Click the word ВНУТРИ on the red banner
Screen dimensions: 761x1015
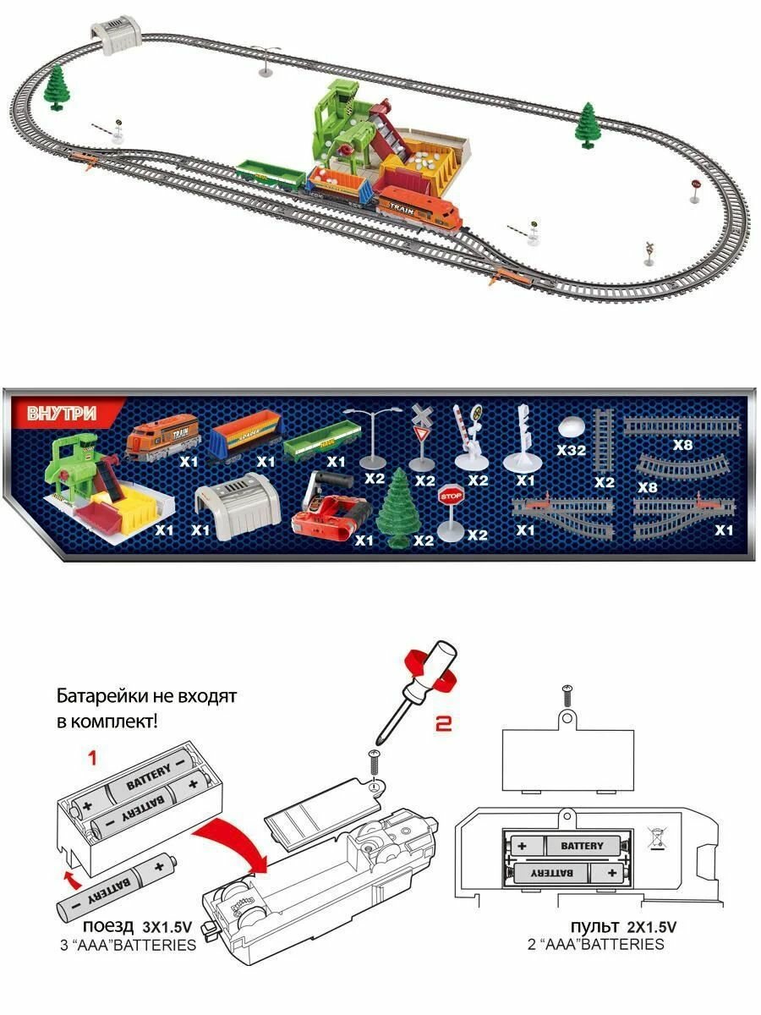(x=63, y=414)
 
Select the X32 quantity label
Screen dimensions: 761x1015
(x=572, y=450)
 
